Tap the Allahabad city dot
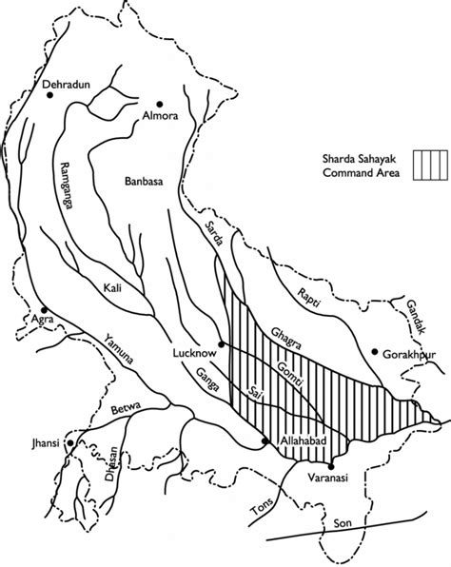(x=266, y=440)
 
